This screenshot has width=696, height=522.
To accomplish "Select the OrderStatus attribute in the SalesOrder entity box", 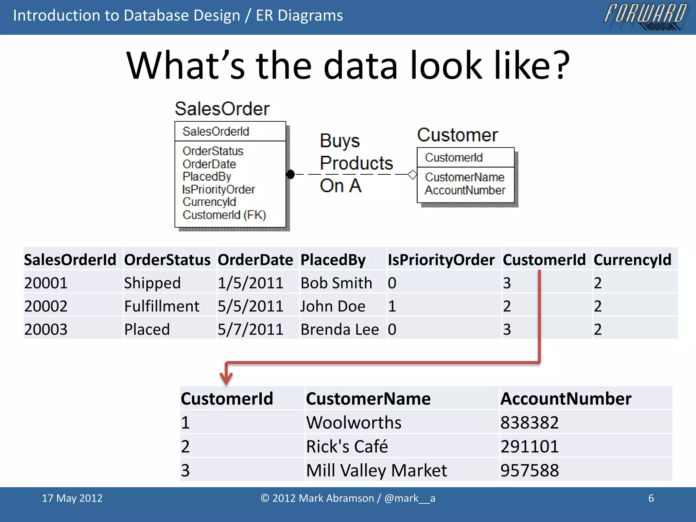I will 213,151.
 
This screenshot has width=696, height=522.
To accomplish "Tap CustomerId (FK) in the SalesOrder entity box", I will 224,215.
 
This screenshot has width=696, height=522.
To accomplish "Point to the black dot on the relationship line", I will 291,174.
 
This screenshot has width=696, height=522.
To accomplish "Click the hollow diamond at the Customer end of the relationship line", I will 412,174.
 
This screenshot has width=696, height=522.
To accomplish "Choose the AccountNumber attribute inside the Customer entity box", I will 465,190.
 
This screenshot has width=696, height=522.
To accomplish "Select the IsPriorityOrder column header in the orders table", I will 441,260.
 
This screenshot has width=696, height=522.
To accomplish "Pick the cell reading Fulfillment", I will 162,306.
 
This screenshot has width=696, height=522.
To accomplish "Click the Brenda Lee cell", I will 340,329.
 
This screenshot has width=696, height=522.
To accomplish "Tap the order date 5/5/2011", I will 250,306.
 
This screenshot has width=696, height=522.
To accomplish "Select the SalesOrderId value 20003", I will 46,329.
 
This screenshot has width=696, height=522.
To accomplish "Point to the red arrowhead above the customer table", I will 226,378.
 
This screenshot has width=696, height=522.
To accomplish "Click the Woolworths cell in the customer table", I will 354,422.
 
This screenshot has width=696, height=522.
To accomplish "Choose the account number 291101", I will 529,446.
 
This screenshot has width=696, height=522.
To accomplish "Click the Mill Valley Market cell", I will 376,470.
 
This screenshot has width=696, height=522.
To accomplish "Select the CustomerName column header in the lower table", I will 368,399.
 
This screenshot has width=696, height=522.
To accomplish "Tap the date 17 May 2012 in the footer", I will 72,498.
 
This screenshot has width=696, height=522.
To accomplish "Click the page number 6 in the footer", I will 651,498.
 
